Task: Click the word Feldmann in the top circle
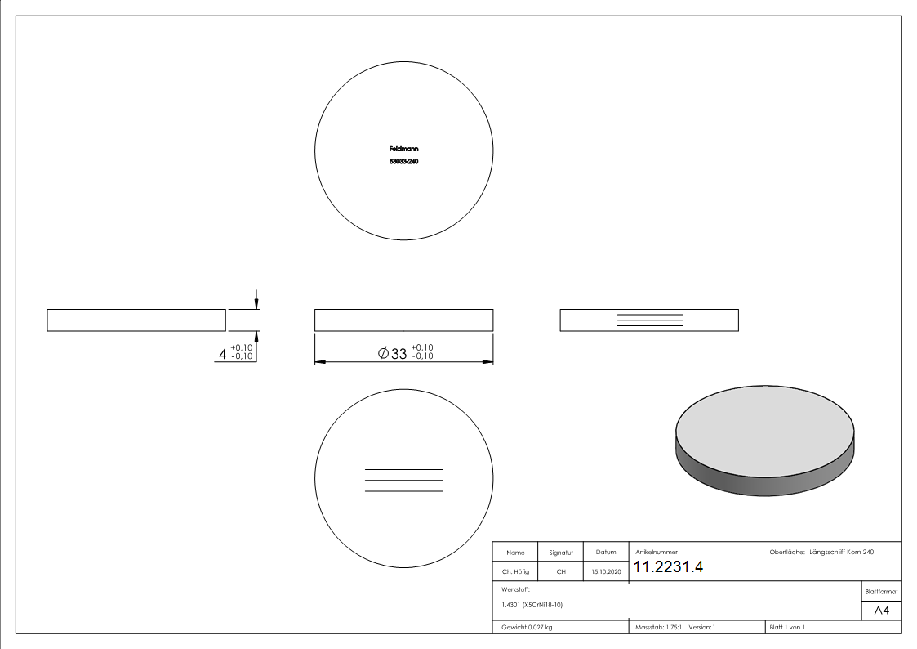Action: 403,149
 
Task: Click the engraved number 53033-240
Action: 403,162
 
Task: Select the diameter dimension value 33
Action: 398,354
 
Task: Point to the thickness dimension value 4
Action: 222,354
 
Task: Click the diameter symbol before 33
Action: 383,354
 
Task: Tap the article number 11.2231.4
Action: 668,567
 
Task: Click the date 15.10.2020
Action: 606,572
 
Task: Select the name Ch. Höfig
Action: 515,572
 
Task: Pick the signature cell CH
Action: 561,572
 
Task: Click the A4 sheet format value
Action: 882,611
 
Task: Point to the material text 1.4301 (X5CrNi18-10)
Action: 532,605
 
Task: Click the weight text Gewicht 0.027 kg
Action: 527,627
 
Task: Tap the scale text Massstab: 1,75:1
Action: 658,627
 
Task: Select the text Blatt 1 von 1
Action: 787,627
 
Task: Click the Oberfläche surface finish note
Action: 821,553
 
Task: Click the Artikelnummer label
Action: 657,553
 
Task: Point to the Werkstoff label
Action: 516,589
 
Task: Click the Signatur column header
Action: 561,553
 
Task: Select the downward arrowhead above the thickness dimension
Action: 256,304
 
